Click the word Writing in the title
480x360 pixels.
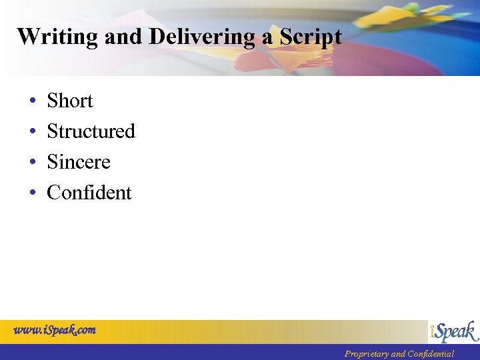coord(58,37)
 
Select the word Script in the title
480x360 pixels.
coord(311,37)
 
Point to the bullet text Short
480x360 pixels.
coord(69,101)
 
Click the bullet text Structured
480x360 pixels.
coord(91,131)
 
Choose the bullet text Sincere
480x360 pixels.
coord(78,162)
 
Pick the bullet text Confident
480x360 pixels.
coord(89,193)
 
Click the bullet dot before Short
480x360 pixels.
coord(32,101)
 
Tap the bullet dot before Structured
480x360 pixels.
coord(32,132)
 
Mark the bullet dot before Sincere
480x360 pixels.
coord(32,163)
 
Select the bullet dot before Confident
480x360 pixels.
coord(32,193)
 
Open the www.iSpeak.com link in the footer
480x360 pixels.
coord(55,329)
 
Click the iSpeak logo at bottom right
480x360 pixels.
coord(453,331)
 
